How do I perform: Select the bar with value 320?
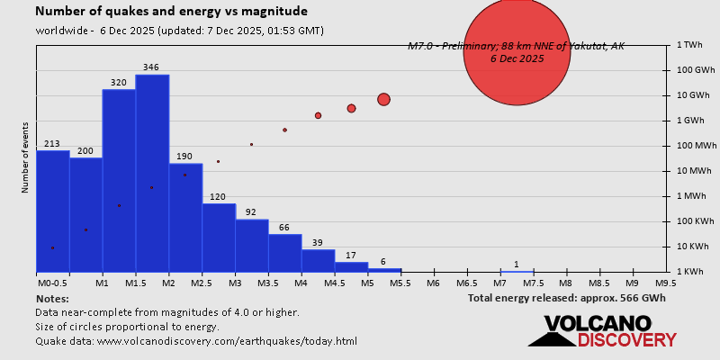pyautogui.click(x=119, y=180)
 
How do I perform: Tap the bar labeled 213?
pyautogui.click(x=52, y=211)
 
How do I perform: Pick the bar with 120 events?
pyautogui.click(x=219, y=238)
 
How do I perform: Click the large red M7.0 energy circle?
pyautogui.click(x=517, y=52)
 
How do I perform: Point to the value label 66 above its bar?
pyautogui.click(x=284, y=227)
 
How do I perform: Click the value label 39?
pyautogui.click(x=318, y=242)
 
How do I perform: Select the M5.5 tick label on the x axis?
pyautogui.click(x=400, y=283)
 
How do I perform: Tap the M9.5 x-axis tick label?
pyautogui.click(x=666, y=283)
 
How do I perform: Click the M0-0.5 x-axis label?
pyautogui.click(x=52, y=283)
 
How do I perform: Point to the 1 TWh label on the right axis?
pyautogui.click(x=689, y=44)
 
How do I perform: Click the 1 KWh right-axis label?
pyautogui.click(x=689, y=271)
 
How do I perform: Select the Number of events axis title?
pyautogui.click(x=25, y=157)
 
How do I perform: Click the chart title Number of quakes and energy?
pyautogui.click(x=171, y=12)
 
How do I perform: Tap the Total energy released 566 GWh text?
pyautogui.click(x=566, y=297)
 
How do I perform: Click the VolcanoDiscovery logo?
pyautogui.click(x=602, y=331)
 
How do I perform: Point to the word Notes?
pyautogui.click(x=52, y=298)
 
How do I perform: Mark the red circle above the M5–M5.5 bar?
pyautogui.click(x=383, y=99)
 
